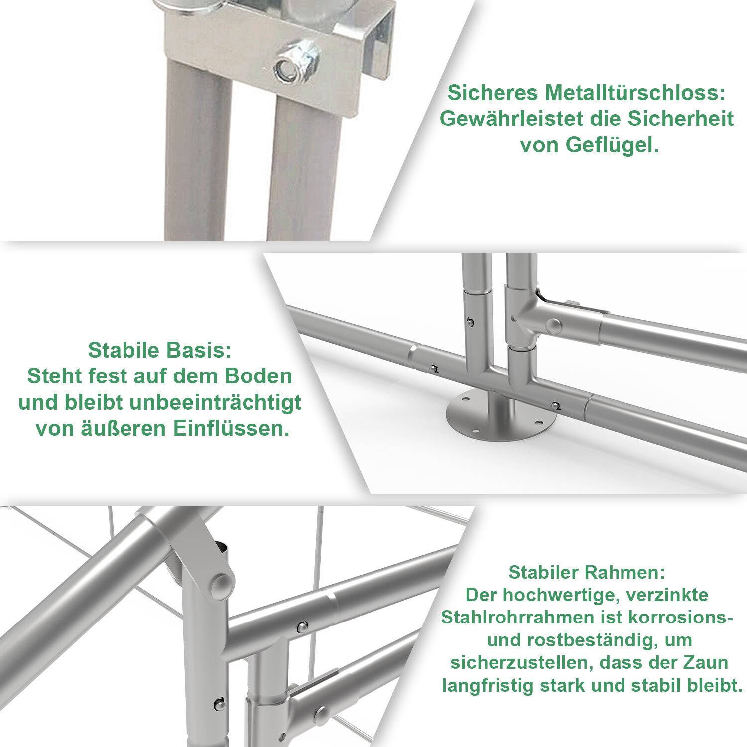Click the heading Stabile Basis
pos(159,350)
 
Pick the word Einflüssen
pos(232,429)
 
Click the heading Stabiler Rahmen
pos(587,572)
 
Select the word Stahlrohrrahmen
pos(518,618)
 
